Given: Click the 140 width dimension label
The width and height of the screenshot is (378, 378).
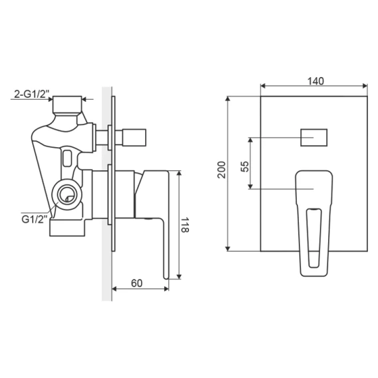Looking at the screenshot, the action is (x=315, y=81).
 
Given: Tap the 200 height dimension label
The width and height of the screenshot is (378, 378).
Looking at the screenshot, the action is (x=222, y=170).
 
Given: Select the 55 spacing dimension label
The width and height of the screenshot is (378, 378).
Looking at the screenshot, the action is (x=244, y=166).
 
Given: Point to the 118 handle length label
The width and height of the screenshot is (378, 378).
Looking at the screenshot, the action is (x=185, y=225).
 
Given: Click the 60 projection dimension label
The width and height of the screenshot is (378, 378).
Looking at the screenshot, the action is (x=136, y=283).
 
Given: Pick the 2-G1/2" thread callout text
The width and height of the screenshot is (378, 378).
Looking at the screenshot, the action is (x=31, y=94).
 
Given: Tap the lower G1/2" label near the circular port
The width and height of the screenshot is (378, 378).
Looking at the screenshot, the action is (x=34, y=219).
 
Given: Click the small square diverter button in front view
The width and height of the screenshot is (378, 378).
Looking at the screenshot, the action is (x=314, y=138).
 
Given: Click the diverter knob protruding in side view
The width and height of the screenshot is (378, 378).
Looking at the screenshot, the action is (x=134, y=137).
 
